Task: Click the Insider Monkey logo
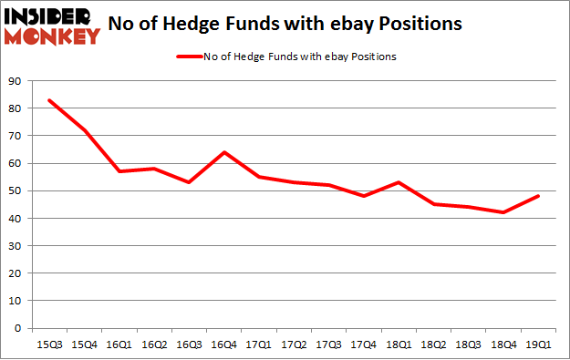tap(52, 25)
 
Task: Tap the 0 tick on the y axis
tap(19, 328)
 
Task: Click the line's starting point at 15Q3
tap(49, 100)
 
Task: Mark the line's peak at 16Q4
tap(223, 152)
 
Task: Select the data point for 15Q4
tap(84, 130)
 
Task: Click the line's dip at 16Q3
tap(189, 182)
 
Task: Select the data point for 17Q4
tap(363, 196)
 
